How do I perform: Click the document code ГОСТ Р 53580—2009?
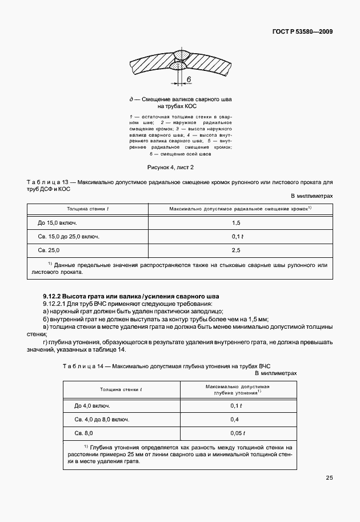click(302, 31)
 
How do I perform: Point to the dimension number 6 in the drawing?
click(187, 79)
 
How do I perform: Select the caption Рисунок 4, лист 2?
click(179, 167)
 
